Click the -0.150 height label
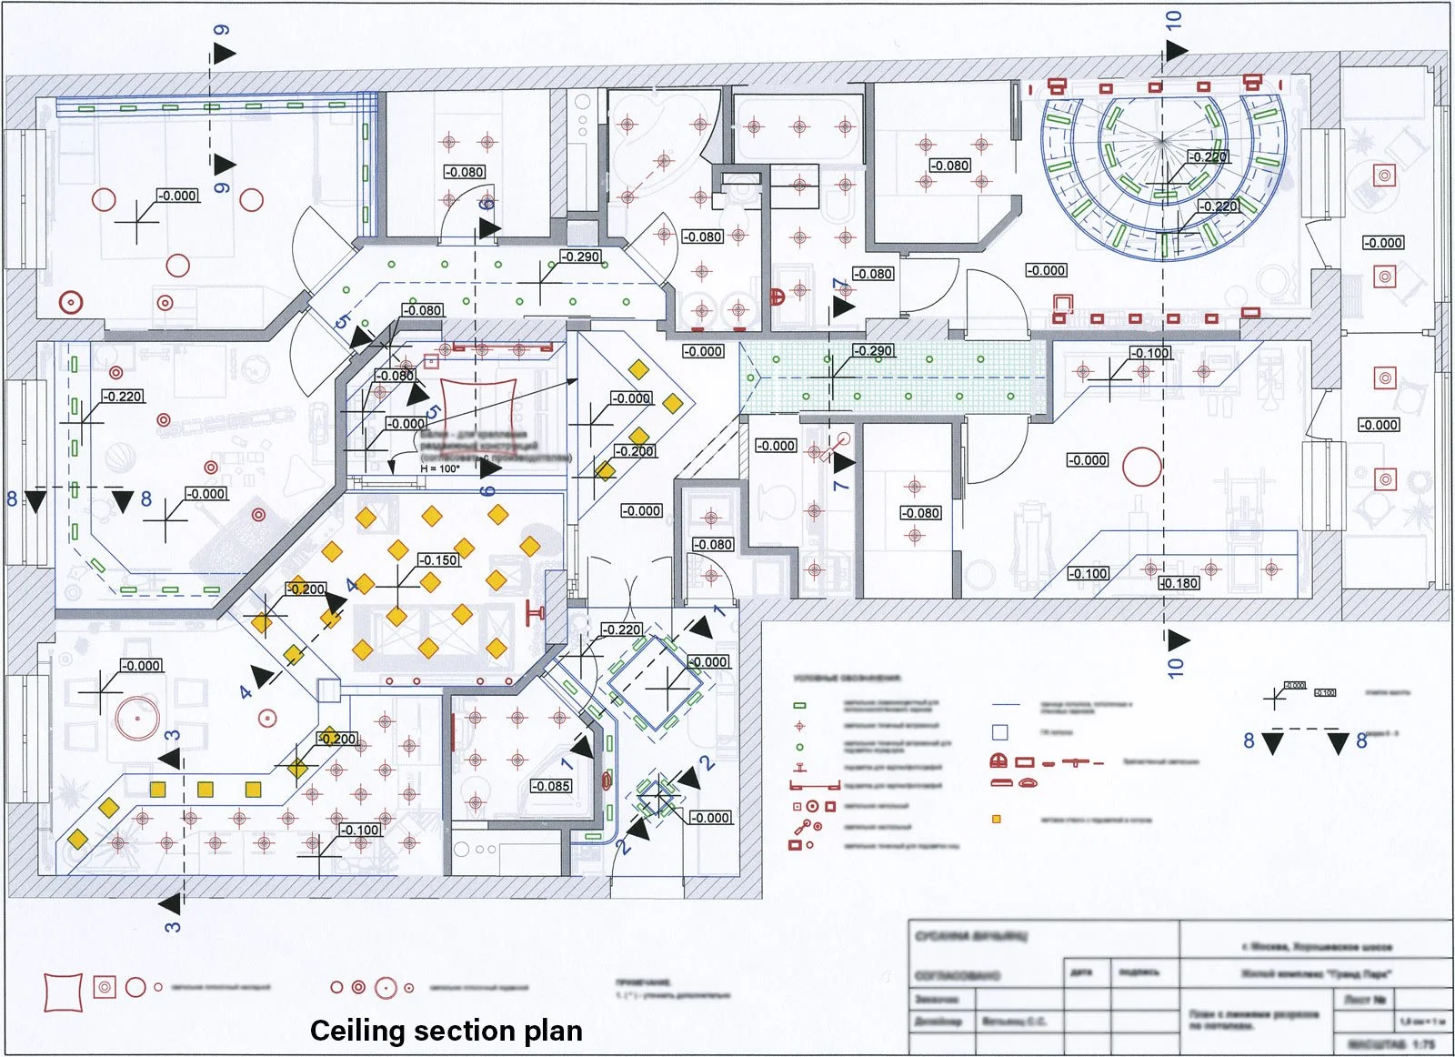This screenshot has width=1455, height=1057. coord(438,560)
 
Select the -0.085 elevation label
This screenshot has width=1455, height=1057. coord(551,786)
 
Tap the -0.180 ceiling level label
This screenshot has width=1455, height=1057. coord(1179,583)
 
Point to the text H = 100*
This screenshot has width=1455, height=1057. coord(440,469)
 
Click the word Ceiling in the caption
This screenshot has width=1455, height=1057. coord(356,1031)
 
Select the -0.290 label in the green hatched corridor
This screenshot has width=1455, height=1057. coord(873,350)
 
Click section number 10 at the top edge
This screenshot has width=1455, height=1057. coord(1173,20)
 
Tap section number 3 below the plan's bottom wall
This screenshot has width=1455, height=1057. coord(173,926)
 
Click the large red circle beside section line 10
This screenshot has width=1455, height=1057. coord(1142,467)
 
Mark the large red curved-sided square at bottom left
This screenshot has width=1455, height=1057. coord(63,992)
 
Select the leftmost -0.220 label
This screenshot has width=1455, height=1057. coord(122,397)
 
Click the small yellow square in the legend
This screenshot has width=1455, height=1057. coord(997,820)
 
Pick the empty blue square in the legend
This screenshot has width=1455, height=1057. coord(1000,732)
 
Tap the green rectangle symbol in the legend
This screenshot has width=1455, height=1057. coord(800,705)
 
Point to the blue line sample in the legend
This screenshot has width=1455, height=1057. coord(1006,705)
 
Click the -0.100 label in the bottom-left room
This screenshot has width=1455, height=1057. coord(360,830)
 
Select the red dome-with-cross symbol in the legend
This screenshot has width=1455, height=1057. coord(998,761)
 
